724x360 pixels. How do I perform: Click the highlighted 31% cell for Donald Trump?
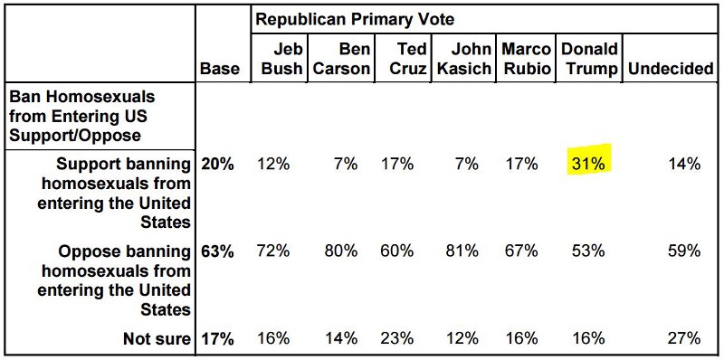pyautogui.click(x=588, y=164)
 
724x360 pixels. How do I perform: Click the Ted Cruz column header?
pyautogui.click(x=402, y=58)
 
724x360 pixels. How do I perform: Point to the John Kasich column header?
pyautogui.click(x=464, y=58)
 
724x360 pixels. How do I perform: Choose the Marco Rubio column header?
pyautogui.click(x=525, y=58)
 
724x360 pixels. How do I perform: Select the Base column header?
pyautogui.click(x=220, y=69)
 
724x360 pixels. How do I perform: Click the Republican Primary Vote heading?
pyautogui.click(x=354, y=18)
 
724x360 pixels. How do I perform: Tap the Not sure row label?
pyautogui.click(x=157, y=339)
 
